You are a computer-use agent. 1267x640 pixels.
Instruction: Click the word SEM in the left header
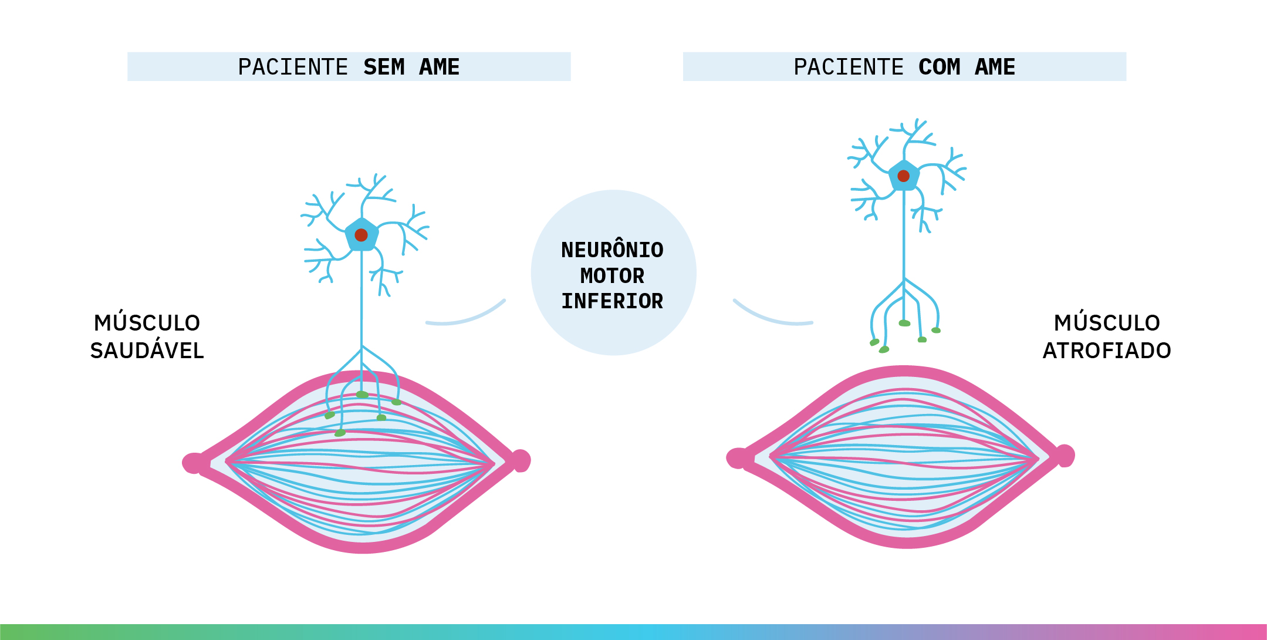click(384, 67)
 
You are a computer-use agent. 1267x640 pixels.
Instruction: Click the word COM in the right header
click(939, 67)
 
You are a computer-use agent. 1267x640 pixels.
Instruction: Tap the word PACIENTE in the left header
click(293, 67)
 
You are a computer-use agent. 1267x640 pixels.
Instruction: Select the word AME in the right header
click(995, 67)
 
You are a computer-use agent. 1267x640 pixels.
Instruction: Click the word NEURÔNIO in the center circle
click(612, 250)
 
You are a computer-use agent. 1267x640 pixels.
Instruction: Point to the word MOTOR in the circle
click(612, 275)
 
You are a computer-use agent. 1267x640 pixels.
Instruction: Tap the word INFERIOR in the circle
click(612, 301)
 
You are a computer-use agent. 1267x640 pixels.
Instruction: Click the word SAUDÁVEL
click(147, 351)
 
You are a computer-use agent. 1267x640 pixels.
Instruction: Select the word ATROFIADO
click(1106, 351)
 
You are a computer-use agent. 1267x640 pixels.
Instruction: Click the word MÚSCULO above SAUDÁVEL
click(147, 323)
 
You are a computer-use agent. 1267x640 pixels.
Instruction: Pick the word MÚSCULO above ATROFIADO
click(1106, 323)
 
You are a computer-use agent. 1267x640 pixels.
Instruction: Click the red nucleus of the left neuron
click(361, 235)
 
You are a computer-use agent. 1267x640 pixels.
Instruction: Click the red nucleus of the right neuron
click(904, 176)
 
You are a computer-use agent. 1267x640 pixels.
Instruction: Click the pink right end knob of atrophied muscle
click(1065, 456)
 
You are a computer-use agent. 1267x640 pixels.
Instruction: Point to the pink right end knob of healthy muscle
click(521, 460)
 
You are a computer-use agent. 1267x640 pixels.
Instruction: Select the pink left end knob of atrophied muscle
click(737, 458)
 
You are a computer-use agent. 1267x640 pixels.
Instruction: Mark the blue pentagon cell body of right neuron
click(904, 183)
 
